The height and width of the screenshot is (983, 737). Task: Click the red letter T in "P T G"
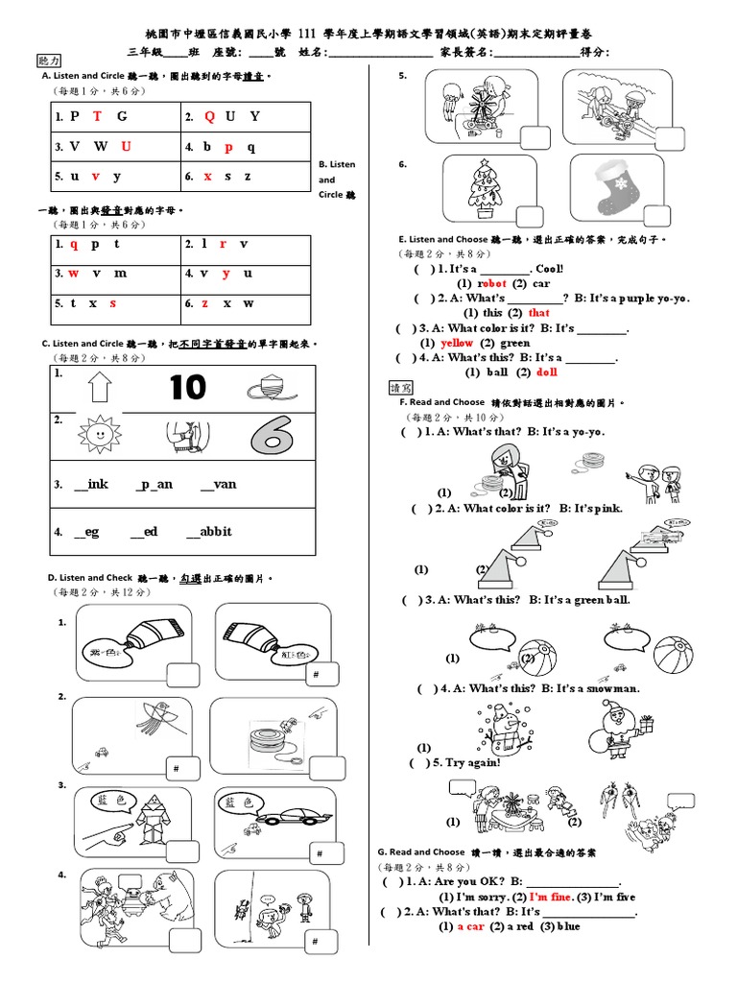(98, 116)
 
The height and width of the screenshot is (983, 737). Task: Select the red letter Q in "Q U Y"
(210, 116)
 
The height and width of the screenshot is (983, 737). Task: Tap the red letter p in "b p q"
(228, 147)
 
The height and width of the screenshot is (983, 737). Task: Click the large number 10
(188, 388)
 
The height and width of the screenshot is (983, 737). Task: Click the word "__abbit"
(209, 531)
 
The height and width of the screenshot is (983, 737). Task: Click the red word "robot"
(491, 283)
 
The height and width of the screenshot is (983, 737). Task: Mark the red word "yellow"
(457, 343)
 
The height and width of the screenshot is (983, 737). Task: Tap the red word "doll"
(547, 372)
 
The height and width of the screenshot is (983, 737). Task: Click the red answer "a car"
(470, 926)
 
